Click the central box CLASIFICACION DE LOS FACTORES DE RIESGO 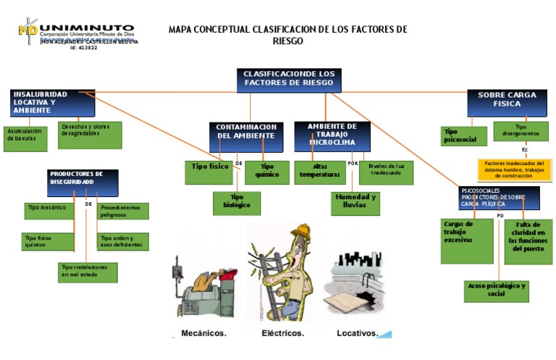click(289, 80)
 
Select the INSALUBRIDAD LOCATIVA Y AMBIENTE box click(53, 103)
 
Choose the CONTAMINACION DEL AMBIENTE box click(246, 132)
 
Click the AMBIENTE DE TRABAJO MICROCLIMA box click(332, 135)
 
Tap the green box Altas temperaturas click(319, 171)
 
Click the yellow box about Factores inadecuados click(514, 169)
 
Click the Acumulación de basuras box click(25, 138)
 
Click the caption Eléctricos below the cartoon click(283, 333)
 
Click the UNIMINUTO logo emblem click(29, 30)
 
